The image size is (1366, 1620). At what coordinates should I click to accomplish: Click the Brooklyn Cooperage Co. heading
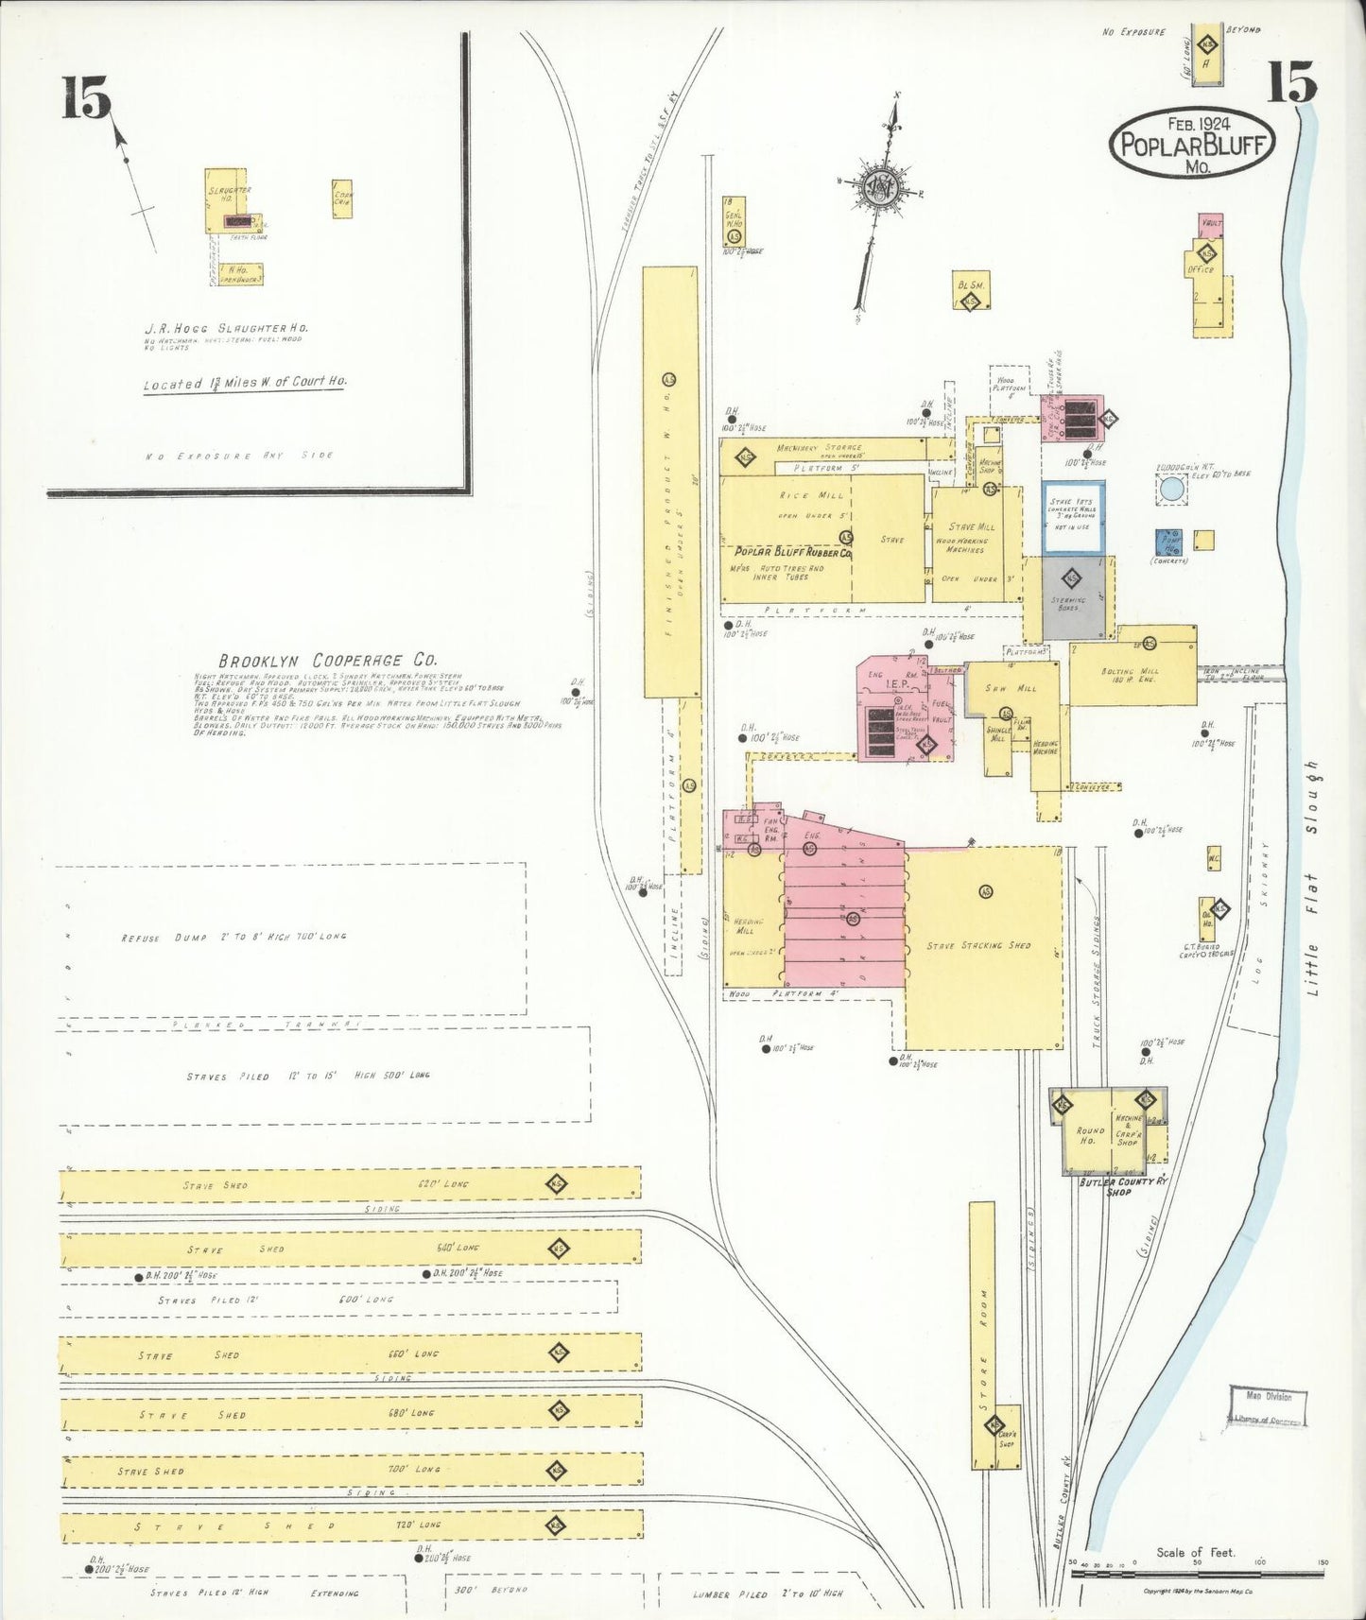327,661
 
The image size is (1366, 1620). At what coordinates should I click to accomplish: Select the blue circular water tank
1170,489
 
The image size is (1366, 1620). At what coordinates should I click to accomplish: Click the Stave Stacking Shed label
978,945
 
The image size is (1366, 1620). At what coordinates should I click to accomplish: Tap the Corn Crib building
342,198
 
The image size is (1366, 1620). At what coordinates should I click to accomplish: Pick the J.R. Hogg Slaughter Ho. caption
226,328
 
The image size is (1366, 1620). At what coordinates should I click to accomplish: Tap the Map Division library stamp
1268,1406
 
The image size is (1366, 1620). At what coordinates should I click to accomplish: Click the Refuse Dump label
233,937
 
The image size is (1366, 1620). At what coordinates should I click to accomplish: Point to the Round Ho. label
1090,1135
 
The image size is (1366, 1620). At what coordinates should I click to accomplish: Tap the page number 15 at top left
86,98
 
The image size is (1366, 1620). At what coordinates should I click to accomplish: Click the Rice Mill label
798,495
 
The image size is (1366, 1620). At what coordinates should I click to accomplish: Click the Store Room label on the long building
982,1333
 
